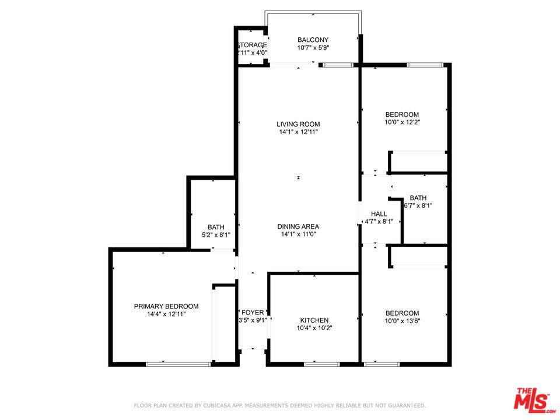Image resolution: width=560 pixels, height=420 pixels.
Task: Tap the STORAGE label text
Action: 252,45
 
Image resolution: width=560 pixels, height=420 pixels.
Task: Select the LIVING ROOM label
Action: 298,124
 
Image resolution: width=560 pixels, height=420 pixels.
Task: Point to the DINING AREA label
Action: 298,226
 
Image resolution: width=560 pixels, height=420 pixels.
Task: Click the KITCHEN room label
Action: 314,320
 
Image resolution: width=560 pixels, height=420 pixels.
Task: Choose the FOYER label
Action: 253,313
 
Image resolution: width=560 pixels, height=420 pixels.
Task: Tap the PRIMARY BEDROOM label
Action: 166,306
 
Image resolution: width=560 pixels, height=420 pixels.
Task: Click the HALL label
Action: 379,214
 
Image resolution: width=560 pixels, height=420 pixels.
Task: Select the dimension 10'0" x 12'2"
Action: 402,123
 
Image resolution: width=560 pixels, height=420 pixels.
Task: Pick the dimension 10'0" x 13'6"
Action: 402,321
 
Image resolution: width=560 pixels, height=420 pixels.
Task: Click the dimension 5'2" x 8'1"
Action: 216,235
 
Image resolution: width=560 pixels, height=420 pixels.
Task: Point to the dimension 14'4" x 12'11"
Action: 166,314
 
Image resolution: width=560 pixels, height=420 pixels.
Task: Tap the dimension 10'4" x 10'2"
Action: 314,328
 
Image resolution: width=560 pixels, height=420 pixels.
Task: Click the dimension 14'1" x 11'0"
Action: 298,235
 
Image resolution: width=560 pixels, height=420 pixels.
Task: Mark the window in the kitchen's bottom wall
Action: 321,365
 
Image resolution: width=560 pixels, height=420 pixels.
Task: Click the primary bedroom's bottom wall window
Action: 178,365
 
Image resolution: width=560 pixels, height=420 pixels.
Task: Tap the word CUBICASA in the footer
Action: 213,405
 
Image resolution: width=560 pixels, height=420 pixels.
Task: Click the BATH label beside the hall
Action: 418,198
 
